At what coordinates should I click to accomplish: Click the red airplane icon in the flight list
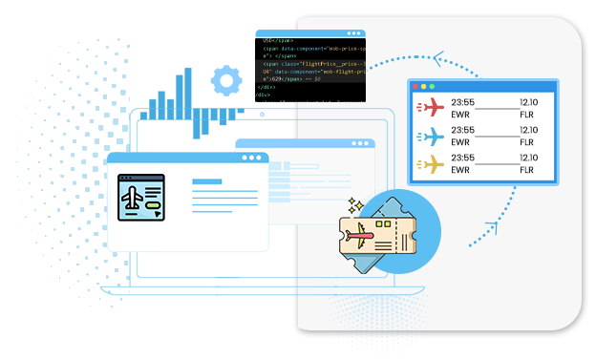point(432,107)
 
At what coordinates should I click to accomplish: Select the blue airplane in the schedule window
point(432,136)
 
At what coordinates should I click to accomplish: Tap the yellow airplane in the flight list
point(432,164)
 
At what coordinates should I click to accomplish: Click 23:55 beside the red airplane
point(462,101)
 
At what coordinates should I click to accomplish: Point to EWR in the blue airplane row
point(459,142)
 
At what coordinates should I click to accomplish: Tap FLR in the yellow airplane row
point(526,171)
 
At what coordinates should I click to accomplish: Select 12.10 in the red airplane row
point(529,101)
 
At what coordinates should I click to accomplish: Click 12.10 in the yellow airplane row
point(529,158)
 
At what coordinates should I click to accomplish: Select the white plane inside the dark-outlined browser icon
point(132,197)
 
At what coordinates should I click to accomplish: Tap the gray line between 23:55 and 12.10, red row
point(495,108)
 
